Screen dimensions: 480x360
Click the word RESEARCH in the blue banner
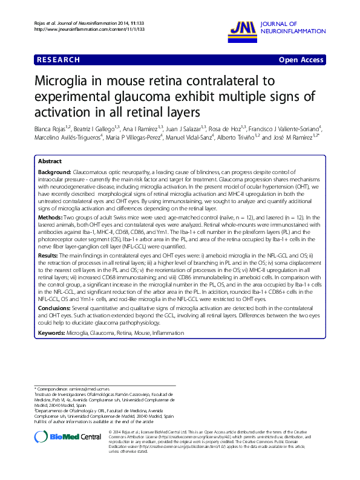pyautogui.click(x=58, y=60)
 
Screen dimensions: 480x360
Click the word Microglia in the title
pyautogui.click(x=64, y=81)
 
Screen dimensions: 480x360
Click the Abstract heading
pyautogui.click(x=50, y=162)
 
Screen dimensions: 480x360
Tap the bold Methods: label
pyautogui.click(x=50, y=216)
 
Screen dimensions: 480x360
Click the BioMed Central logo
pyautogui.click(x=68, y=436)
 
